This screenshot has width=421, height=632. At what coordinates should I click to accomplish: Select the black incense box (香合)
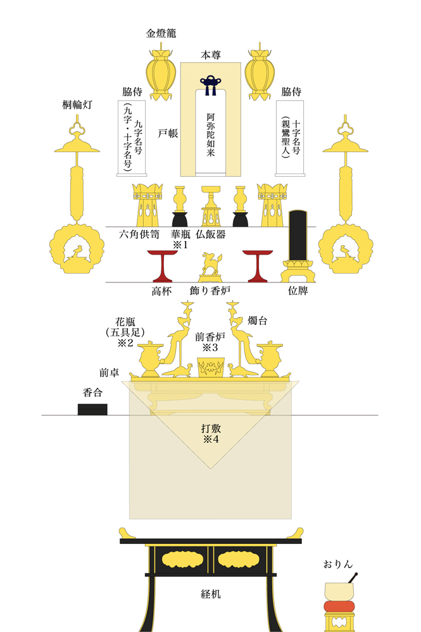point(92,409)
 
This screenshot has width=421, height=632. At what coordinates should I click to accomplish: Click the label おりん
point(337,563)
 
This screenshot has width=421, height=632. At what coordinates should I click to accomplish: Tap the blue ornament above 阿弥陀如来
point(210,84)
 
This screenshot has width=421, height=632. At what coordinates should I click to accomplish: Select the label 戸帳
point(168,134)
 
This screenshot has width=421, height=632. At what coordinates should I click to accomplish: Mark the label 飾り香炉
point(210,291)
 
